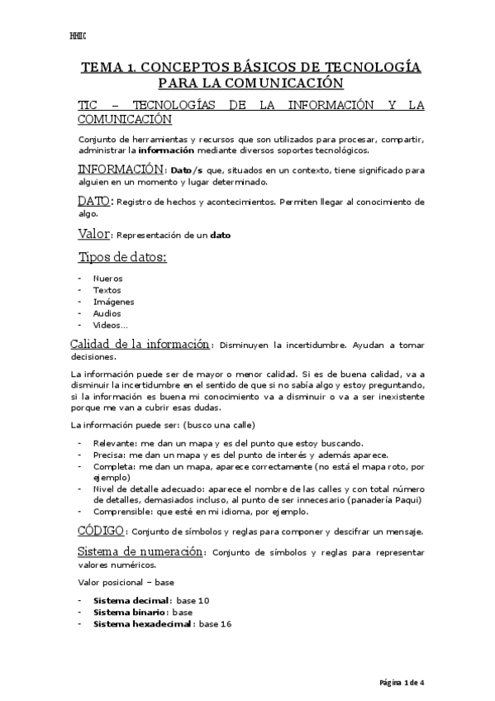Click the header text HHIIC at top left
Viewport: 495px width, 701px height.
(x=79, y=36)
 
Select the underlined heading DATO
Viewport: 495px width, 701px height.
(x=93, y=201)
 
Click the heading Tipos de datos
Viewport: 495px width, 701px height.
(x=122, y=257)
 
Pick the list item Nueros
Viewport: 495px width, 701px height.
(x=107, y=279)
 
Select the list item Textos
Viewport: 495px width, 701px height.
(x=107, y=290)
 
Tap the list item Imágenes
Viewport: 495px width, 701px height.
(x=113, y=302)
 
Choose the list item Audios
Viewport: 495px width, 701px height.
(x=107, y=313)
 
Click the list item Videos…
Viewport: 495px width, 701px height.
(x=111, y=325)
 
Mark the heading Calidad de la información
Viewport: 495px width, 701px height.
(x=140, y=344)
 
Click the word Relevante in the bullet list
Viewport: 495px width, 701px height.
(x=115, y=443)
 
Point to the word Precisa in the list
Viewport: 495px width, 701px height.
(x=110, y=455)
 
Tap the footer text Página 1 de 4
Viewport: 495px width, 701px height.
(x=401, y=683)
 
